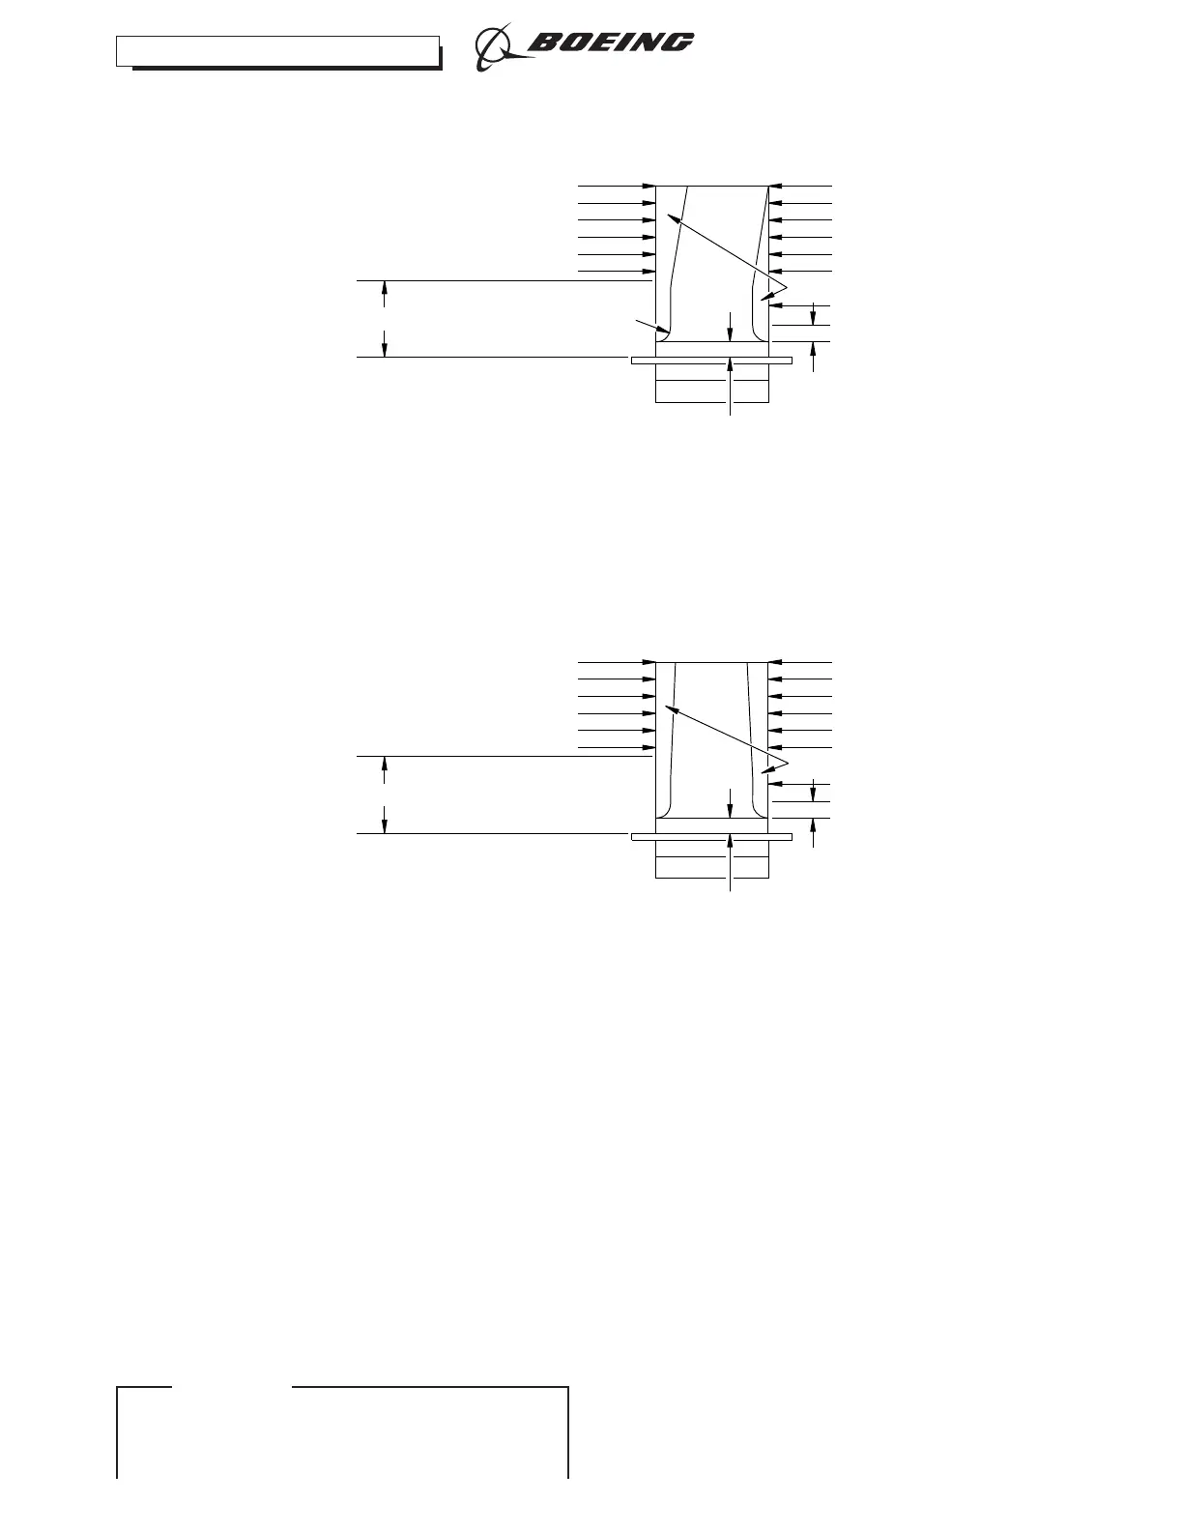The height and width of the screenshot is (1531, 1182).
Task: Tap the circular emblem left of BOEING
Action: pyautogui.click(x=497, y=45)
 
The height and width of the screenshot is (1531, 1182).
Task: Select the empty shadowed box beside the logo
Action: pyautogui.click(x=277, y=51)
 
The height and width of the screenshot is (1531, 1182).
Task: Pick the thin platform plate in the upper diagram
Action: pyautogui.click(x=711, y=361)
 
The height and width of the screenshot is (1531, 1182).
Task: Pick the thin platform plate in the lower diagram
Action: pyautogui.click(x=711, y=837)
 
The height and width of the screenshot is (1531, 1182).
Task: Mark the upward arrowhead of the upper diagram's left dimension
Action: pyautogui.click(x=385, y=288)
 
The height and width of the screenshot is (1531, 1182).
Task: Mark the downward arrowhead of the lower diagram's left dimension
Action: pyautogui.click(x=385, y=824)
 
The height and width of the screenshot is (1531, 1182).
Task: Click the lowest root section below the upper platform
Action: pyautogui.click(x=711, y=392)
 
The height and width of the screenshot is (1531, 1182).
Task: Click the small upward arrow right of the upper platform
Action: pyautogui.click(x=813, y=352)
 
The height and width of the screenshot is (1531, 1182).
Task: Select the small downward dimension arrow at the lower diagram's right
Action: pyautogui.click(x=813, y=791)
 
